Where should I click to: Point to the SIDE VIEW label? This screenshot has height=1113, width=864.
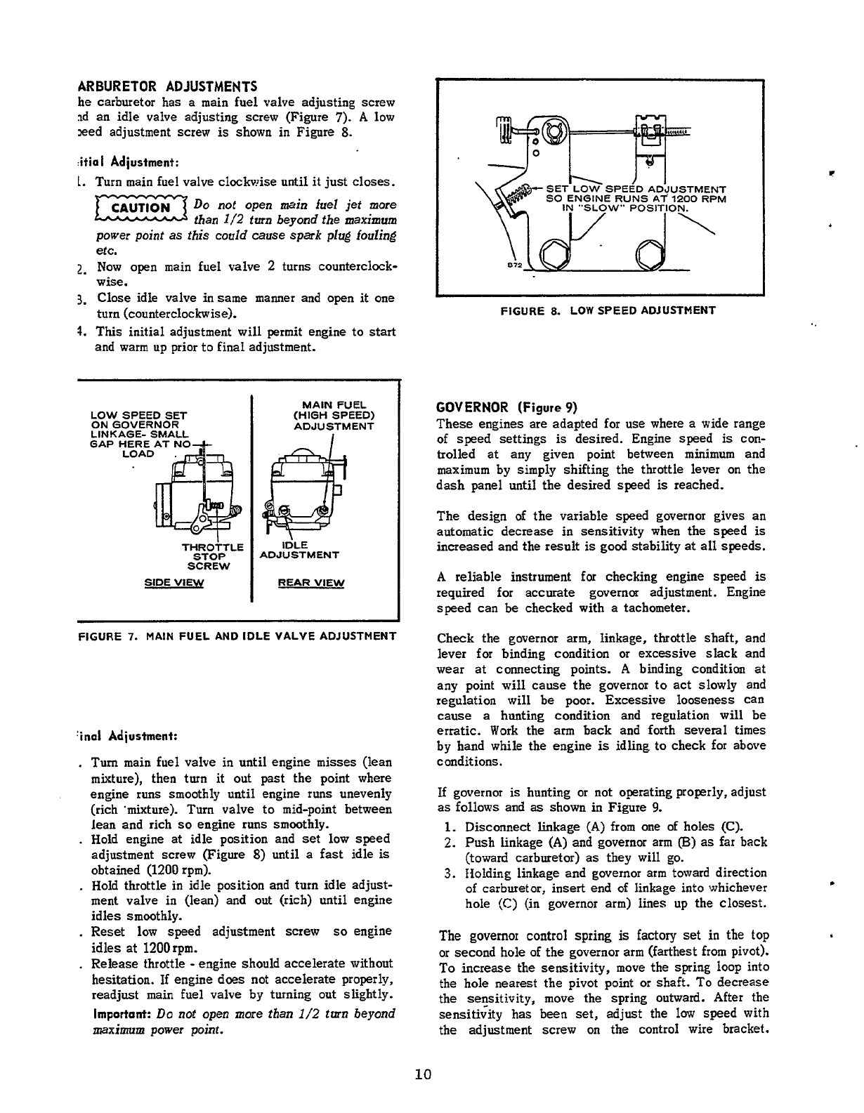coord(174,583)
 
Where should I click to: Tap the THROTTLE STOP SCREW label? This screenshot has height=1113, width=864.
coord(212,556)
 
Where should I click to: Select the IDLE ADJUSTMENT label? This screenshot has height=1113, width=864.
coord(299,550)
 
